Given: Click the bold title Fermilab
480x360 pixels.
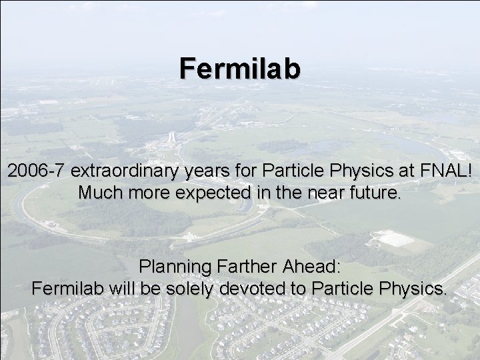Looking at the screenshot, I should [x=240, y=68].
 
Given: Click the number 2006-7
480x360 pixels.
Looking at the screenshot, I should [x=32, y=171].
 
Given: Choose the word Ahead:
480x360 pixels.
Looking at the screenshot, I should [x=310, y=267].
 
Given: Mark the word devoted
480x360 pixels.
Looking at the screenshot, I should [x=247, y=289].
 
